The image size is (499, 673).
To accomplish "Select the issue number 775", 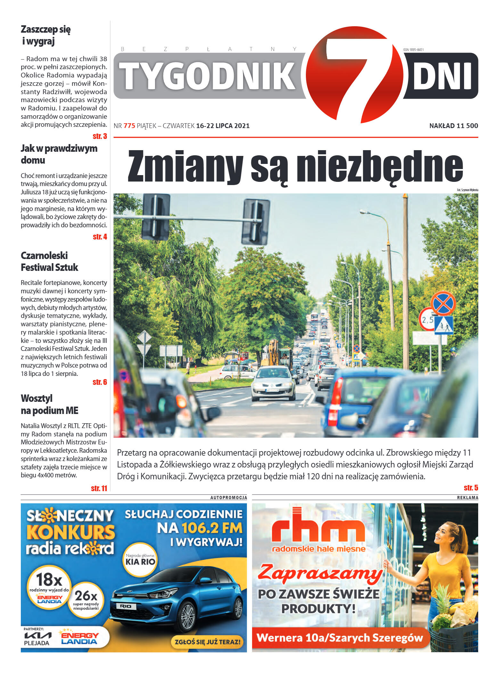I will coord(129,126).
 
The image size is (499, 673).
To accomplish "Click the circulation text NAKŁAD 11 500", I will coord(453,126).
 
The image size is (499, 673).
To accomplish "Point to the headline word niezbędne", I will coord(380,166).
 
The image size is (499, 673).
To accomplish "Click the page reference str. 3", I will coord(100,136).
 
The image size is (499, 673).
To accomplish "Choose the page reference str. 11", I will coord(99,488).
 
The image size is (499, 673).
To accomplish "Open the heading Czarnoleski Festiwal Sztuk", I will coord(49,261).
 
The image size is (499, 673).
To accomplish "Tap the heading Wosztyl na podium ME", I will coord(49,404).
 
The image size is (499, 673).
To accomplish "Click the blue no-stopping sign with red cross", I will coord(443,303).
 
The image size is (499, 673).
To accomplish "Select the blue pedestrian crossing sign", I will coord(444,325).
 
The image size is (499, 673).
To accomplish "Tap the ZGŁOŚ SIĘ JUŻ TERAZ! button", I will coord(207,642).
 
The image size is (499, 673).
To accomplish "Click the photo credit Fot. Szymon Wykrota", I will coord(467,190).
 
